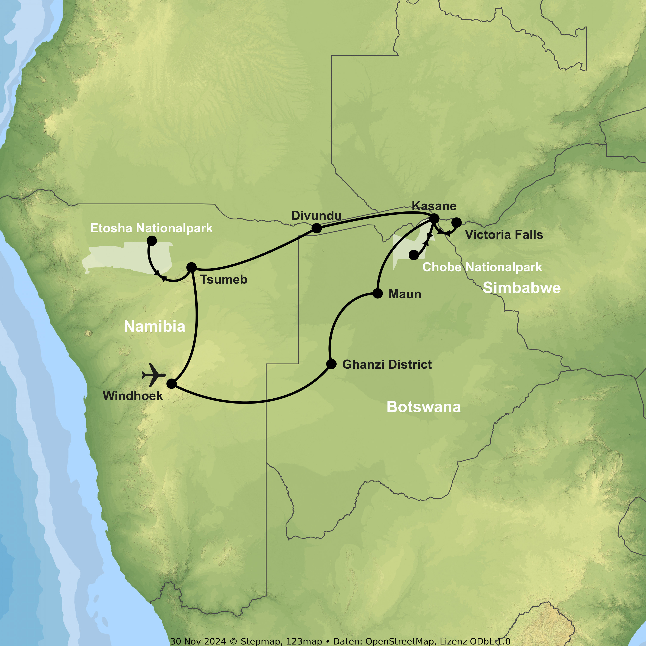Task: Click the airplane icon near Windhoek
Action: [x=154, y=375]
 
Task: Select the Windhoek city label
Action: [x=133, y=396]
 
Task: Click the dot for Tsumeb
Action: [x=191, y=267]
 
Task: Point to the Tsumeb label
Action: [x=224, y=280]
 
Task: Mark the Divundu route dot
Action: [x=316, y=228]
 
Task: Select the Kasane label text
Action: [x=434, y=206]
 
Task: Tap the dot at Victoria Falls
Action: [x=457, y=222]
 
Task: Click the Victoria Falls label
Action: [x=504, y=235]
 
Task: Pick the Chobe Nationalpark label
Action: [x=482, y=267]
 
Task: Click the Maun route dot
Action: [x=377, y=293]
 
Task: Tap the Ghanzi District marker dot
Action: [x=331, y=364]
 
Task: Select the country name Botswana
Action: [x=424, y=407]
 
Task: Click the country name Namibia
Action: [x=154, y=326]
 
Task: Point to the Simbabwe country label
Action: [x=522, y=288]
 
